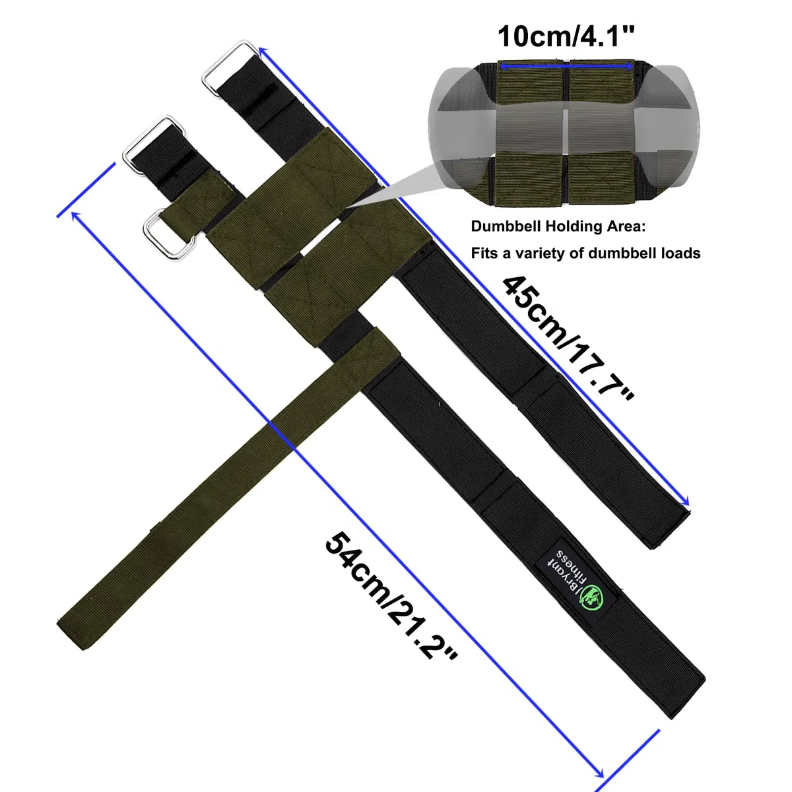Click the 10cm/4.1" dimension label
click(x=566, y=37)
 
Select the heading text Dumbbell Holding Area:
click(x=558, y=226)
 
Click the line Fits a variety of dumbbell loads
click(x=585, y=253)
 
